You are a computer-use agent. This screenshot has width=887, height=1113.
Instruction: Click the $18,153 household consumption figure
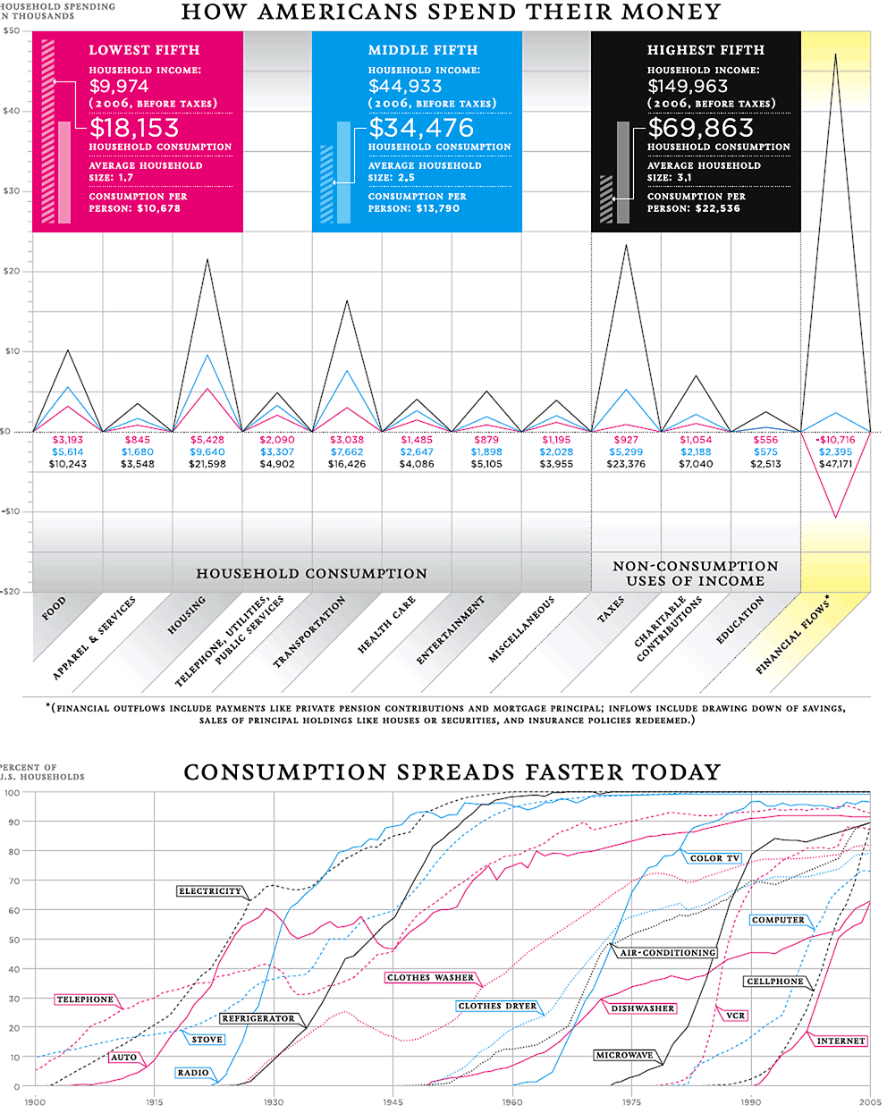pyautogui.click(x=134, y=128)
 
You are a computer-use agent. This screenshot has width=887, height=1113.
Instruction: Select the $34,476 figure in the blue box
pyautogui.click(x=421, y=128)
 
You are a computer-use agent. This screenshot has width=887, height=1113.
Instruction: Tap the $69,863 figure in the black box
pyautogui.click(x=701, y=128)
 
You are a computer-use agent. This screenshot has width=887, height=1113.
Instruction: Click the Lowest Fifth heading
pyautogui.click(x=144, y=50)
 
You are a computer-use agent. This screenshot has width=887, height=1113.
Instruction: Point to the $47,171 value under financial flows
pyautogui.click(x=835, y=464)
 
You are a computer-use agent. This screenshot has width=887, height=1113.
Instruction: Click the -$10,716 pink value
pyautogui.click(x=835, y=440)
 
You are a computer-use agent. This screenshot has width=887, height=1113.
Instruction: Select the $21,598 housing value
pyautogui.click(x=207, y=464)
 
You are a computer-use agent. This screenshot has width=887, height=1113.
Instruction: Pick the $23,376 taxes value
pyautogui.click(x=626, y=464)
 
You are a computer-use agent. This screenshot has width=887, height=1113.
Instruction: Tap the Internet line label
pyautogui.click(x=841, y=1041)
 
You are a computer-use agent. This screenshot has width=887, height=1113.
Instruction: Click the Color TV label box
pyautogui.click(x=714, y=858)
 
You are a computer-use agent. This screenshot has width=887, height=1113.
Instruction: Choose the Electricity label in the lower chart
pyautogui.click(x=210, y=891)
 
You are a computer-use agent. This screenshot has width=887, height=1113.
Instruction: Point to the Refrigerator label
pyautogui.click(x=258, y=1018)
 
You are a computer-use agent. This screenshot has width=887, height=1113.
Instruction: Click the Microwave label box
pyautogui.click(x=624, y=1056)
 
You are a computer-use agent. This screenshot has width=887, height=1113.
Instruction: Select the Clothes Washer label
pyautogui.click(x=430, y=978)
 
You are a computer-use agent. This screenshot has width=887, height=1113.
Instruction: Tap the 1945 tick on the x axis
pyautogui.click(x=393, y=1102)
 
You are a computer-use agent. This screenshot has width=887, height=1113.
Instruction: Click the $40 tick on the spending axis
pyautogui.click(x=12, y=111)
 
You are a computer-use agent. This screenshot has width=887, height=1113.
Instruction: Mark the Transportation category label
pyautogui.click(x=308, y=632)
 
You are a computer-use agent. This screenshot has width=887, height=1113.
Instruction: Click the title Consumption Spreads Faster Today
pyautogui.click(x=452, y=772)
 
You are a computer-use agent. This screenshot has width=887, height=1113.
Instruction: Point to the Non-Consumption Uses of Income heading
pyautogui.click(x=695, y=573)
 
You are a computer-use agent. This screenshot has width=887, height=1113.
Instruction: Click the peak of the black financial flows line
pyautogui.click(x=836, y=55)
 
